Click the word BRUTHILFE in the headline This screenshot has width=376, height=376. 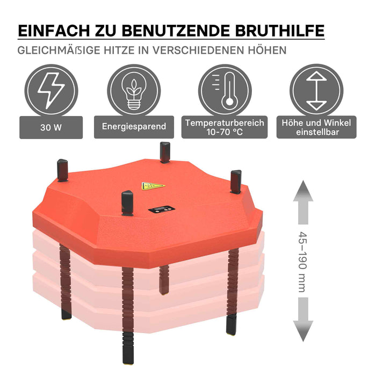point(280,31)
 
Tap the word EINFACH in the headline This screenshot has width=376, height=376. point(54,31)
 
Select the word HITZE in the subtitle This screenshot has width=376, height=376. point(119,50)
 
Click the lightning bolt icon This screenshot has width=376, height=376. point(51,91)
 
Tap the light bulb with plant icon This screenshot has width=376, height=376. point(134,91)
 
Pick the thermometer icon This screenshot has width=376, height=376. point(226,91)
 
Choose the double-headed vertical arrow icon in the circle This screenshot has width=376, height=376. point(316,91)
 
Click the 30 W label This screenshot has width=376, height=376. point(51,127)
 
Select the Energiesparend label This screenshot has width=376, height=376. point(134,127)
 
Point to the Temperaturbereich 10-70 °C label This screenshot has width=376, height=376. point(225,127)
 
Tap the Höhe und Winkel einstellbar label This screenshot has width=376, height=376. point(316,127)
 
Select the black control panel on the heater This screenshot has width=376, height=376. point(162,209)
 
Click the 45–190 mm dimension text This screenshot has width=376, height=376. point(302,262)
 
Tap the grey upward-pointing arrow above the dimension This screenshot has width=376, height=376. point(303,203)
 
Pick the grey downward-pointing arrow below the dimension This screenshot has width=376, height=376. point(303,320)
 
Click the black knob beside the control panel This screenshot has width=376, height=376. point(127,203)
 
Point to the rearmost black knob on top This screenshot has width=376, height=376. point(165,153)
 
